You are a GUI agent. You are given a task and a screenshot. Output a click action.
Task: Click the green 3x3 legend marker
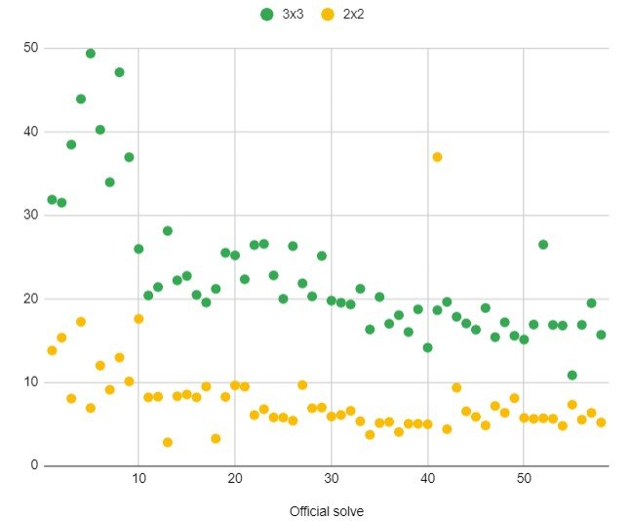tap(267, 15)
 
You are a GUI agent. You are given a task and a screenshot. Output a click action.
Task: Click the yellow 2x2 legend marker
tap(328, 15)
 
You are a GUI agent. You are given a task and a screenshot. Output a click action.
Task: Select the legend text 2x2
tap(354, 15)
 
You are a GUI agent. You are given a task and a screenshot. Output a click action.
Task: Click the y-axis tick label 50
tap(31, 48)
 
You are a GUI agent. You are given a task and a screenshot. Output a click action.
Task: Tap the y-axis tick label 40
tap(31, 132)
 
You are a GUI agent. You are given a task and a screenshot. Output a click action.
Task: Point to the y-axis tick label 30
tap(31, 216)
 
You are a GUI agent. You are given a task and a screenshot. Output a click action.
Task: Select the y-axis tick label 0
tap(35, 465)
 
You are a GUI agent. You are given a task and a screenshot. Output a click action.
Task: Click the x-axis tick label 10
tap(138, 480)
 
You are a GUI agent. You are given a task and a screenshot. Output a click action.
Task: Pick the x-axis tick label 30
tap(332, 480)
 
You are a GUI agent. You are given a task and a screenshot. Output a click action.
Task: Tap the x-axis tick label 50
tap(524, 480)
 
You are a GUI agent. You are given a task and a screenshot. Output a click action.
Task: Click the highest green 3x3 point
tap(91, 54)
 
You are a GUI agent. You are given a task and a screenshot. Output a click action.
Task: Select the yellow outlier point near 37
tap(437, 157)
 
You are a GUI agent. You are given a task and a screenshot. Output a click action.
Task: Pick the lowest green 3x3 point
tap(572, 376)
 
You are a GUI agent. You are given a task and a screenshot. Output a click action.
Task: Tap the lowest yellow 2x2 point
tap(168, 443)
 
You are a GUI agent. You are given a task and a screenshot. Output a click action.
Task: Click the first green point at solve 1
tap(52, 200)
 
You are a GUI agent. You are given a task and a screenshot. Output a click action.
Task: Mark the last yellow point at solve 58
tap(601, 422)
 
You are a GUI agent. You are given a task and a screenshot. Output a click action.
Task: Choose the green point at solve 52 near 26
tap(543, 245)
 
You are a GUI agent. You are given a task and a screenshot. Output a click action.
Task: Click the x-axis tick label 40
tap(428, 480)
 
